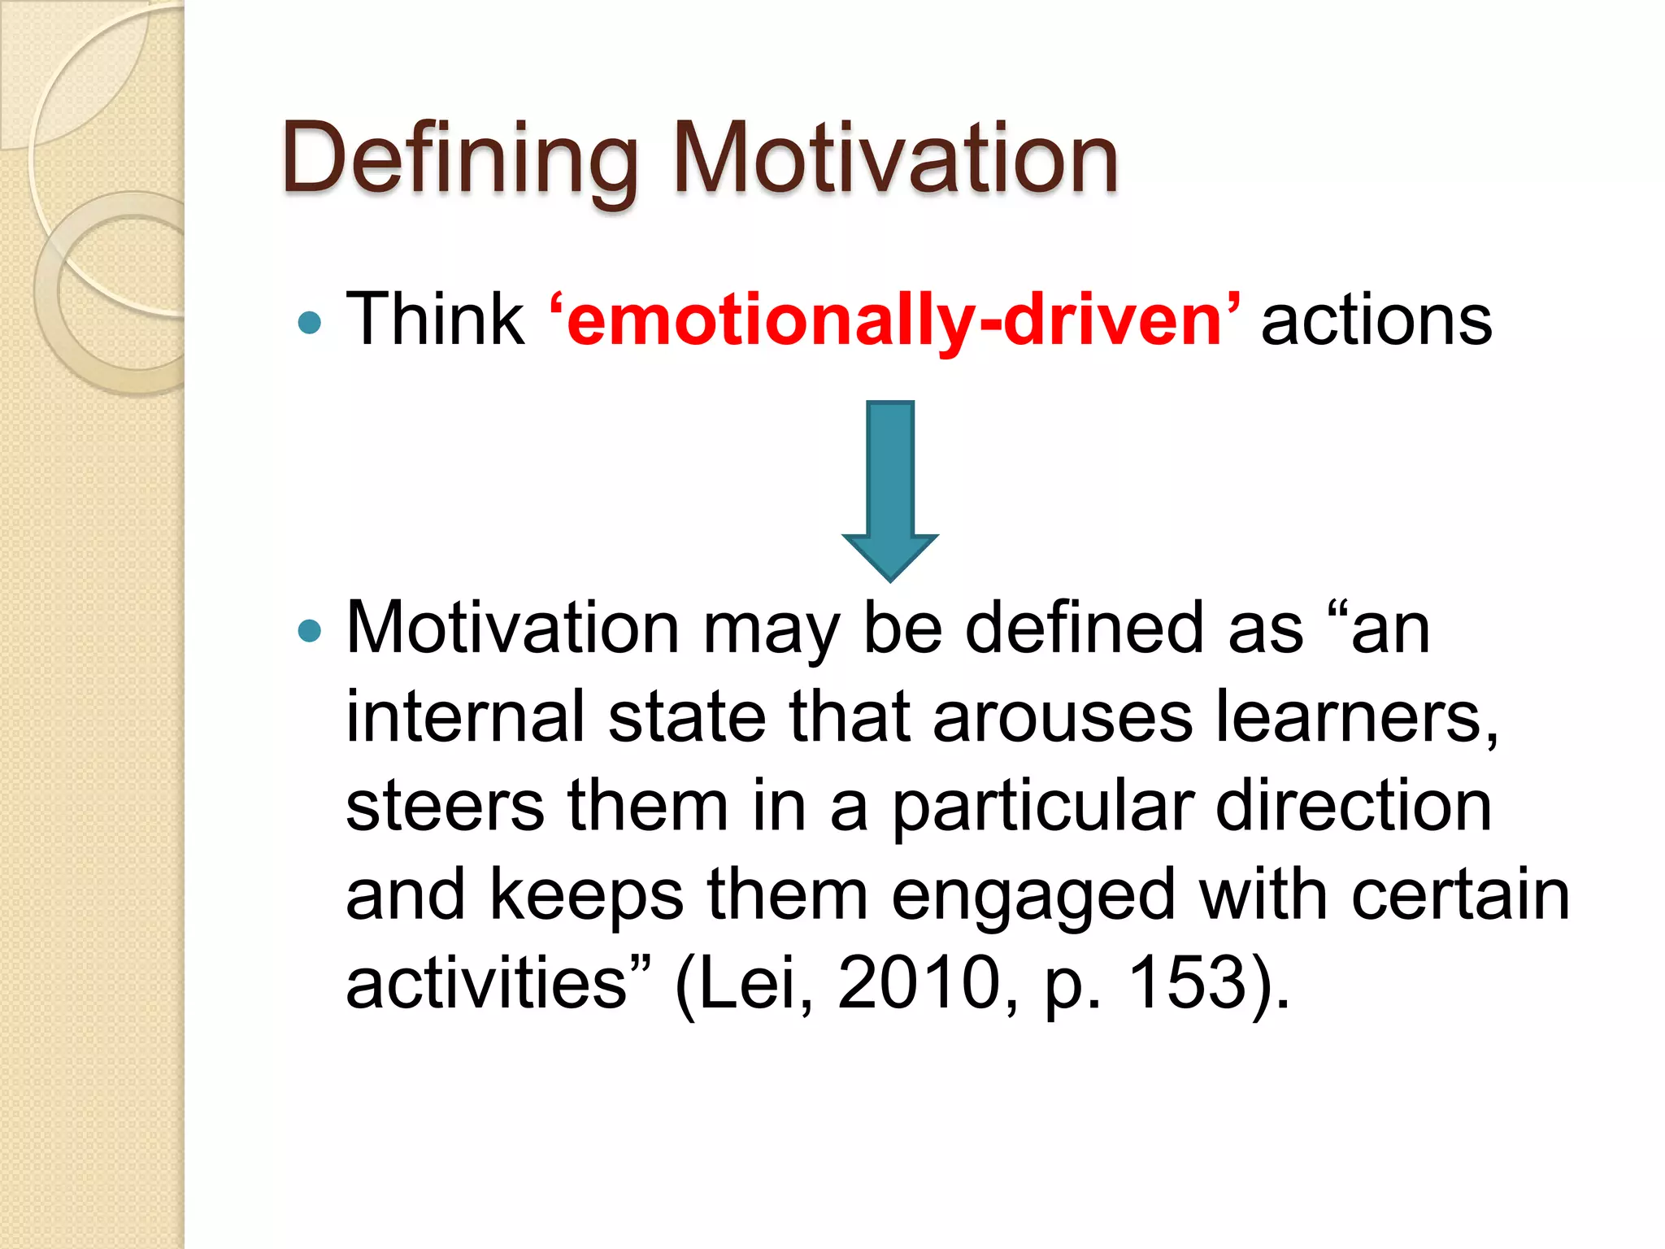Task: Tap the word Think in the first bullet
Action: pos(436,320)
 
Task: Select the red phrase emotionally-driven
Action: pos(894,321)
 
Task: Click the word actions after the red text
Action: pos(1376,320)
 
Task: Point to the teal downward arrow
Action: pos(890,489)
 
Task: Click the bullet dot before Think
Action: pos(310,324)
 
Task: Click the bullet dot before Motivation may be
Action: pos(310,630)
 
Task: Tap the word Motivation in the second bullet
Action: pos(513,628)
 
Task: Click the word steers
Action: pos(445,806)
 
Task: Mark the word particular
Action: pos(1043,807)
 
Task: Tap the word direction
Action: pos(1354,806)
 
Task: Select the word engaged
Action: pos(1033,897)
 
